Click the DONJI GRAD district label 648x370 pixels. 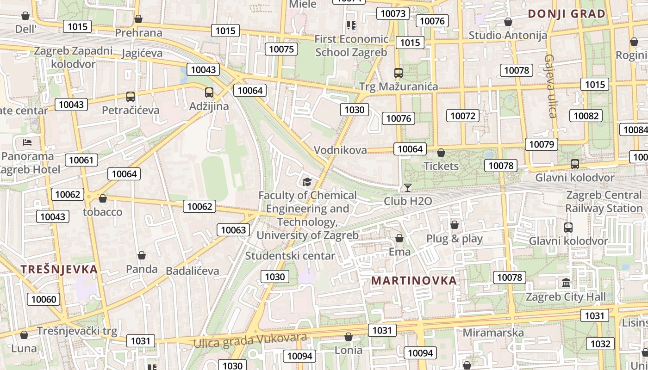(567, 14)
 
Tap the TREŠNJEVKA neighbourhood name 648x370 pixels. (59, 270)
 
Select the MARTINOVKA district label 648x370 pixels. (414, 281)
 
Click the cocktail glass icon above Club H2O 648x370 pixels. (407, 187)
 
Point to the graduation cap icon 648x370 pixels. (306, 182)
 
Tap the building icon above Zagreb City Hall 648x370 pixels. (566, 283)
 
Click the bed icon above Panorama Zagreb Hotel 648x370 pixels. (27, 142)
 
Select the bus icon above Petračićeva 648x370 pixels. (131, 97)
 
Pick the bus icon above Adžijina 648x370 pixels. (209, 92)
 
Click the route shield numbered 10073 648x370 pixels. (393, 13)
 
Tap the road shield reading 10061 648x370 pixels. (81, 160)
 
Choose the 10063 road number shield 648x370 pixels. (234, 230)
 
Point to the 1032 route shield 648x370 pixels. (600, 344)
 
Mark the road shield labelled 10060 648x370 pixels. (44, 299)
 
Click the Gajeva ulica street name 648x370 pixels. (550, 86)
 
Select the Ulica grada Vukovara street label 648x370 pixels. (250, 340)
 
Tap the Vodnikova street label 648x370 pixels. (340, 150)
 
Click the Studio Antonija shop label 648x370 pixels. (508, 35)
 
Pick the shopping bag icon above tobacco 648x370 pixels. (103, 198)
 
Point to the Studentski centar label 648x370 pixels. (290, 256)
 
